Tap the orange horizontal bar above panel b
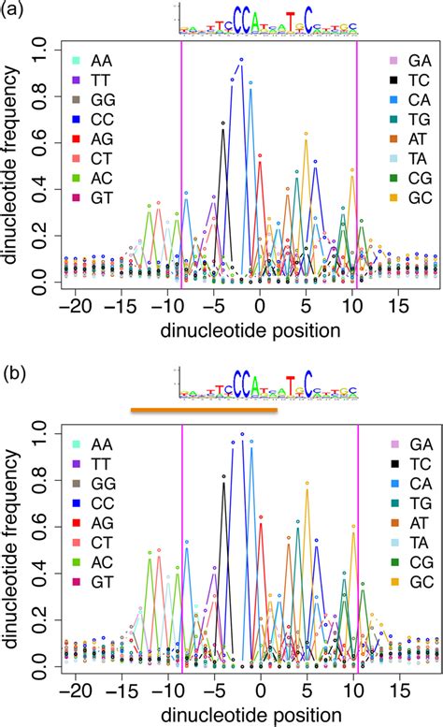coord(204,409)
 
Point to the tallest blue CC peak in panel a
coord(241,60)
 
